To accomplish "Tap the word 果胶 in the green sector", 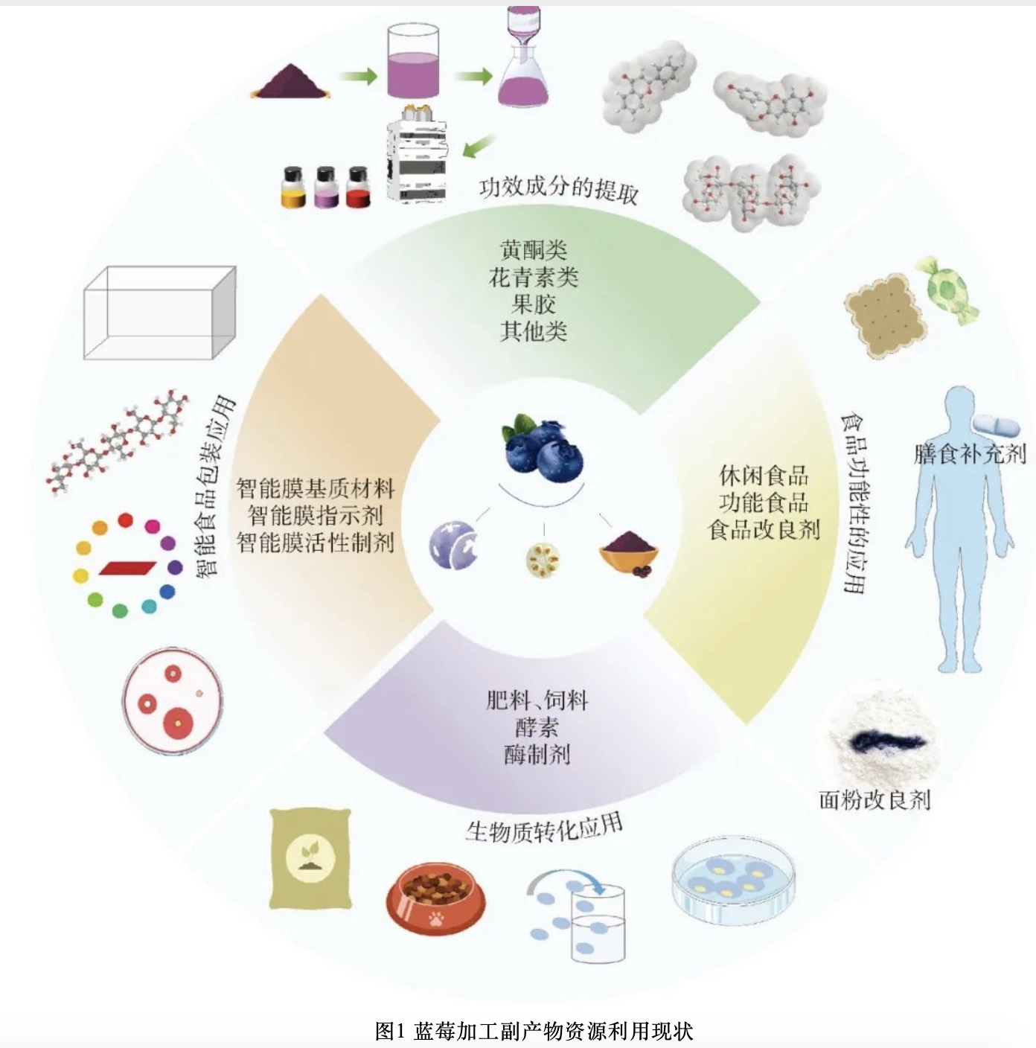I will coord(533,304).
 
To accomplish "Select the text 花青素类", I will coord(533,278).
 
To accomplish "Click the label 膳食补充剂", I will coord(969,453).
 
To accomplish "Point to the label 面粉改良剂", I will coord(874,799).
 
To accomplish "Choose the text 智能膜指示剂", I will coord(315,515).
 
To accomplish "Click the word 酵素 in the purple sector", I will coord(536,727).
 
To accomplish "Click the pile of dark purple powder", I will coord(290,81).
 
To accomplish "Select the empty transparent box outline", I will coord(159,313).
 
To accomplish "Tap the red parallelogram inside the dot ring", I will coord(127,567).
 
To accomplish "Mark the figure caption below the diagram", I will coord(534,1031).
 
